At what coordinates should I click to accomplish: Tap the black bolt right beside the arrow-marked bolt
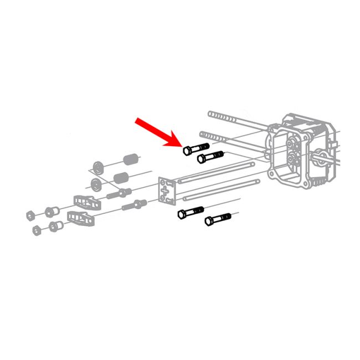(x=210, y=156)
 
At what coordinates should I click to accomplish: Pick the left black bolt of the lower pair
(x=190, y=212)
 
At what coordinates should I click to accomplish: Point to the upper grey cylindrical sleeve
(x=131, y=160)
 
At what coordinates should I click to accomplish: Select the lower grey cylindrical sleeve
(x=121, y=179)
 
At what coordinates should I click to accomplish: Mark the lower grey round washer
(x=95, y=184)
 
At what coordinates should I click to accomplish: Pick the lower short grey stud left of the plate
(x=135, y=207)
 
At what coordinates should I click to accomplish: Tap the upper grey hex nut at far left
(x=32, y=213)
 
